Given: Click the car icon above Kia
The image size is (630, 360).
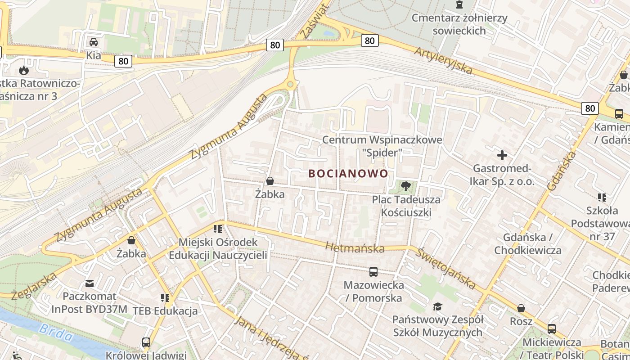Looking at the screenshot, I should pyautogui.click(x=94, y=42).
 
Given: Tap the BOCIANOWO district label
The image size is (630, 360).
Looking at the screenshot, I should pyautogui.click(x=348, y=173).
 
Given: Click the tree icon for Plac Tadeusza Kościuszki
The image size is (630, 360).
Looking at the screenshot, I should pyautogui.click(x=405, y=186).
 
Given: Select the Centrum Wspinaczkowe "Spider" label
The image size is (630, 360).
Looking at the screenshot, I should pyautogui.click(x=382, y=146).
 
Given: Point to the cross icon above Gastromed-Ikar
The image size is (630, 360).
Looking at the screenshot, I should pyautogui.click(x=502, y=155).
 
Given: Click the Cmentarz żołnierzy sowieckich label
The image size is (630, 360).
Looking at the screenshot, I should pyautogui.click(x=459, y=24).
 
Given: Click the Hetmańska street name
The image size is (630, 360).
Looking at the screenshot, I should pyautogui.click(x=355, y=247).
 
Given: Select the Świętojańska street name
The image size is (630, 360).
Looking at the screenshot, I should pyautogui.click(x=445, y=268).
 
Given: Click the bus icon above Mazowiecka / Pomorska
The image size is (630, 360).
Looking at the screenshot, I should pyautogui.click(x=373, y=271).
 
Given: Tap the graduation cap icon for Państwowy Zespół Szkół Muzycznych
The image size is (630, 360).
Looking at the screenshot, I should pyautogui.click(x=437, y=307).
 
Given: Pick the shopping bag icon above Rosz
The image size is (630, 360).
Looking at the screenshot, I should pyautogui.click(x=521, y=308).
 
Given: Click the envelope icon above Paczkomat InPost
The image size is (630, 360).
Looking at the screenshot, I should pyautogui.click(x=90, y=283).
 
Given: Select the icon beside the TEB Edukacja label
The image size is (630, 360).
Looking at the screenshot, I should pyautogui.click(x=165, y=298).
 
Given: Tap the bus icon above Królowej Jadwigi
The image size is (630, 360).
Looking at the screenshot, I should pyautogui.click(x=146, y=342).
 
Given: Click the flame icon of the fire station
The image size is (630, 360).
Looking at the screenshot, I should pyautogui.click(x=23, y=70).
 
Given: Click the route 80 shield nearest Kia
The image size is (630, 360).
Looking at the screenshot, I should pyautogui.click(x=123, y=61).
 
